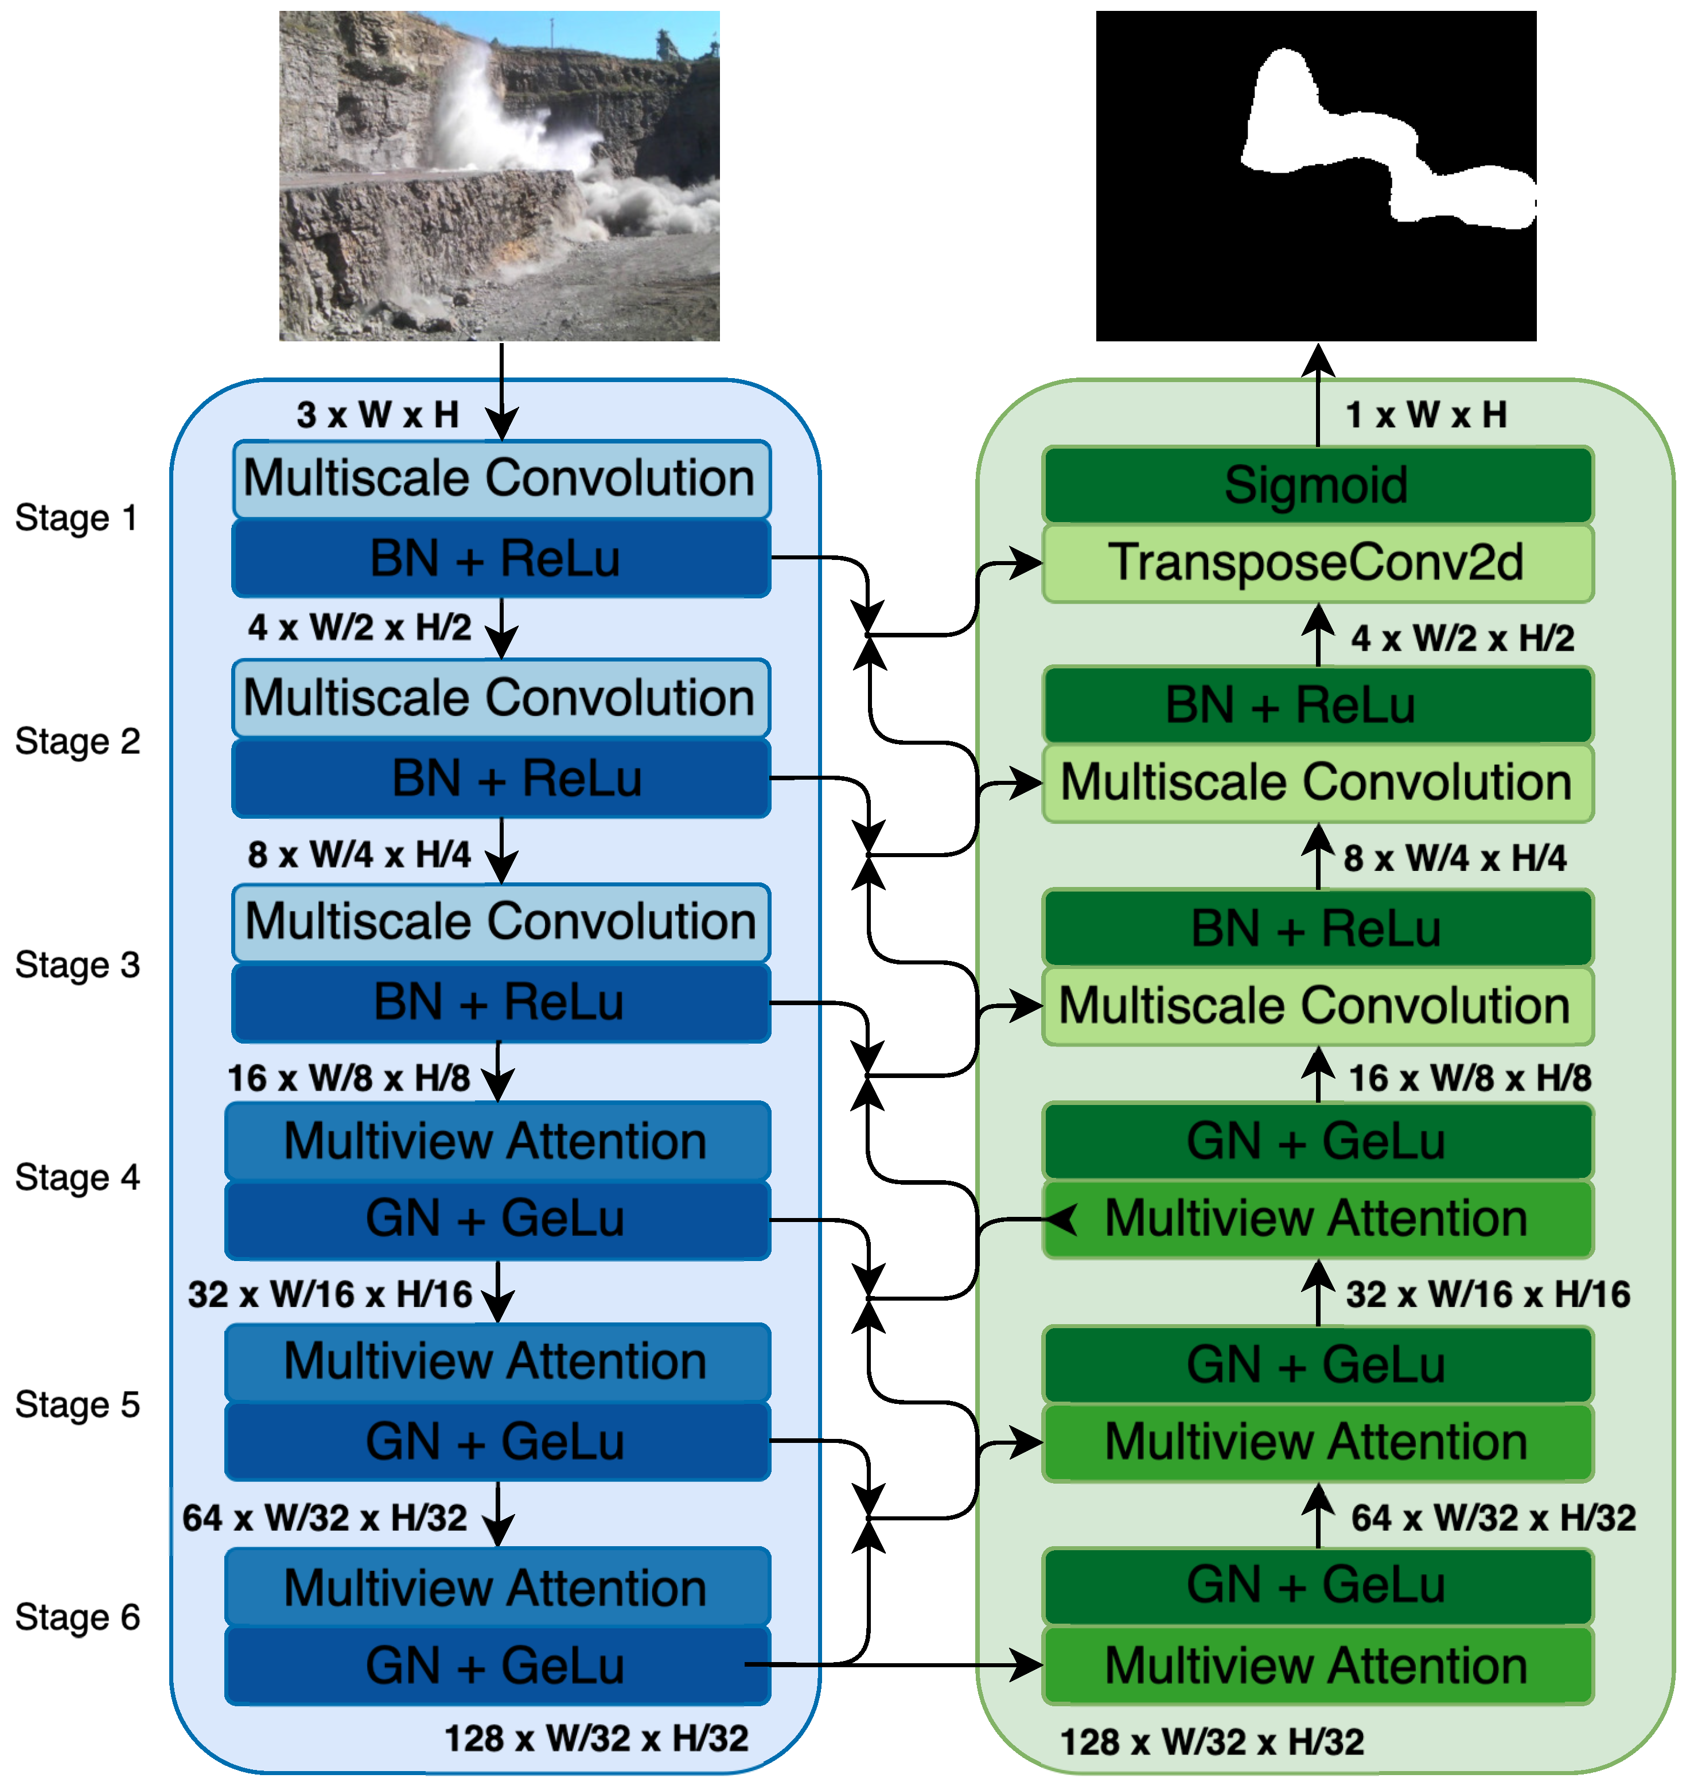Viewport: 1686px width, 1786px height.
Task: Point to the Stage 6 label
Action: (x=77, y=1618)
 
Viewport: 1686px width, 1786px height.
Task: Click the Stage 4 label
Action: (x=77, y=1177)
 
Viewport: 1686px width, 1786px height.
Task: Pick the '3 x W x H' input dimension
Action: (x=377, y=415)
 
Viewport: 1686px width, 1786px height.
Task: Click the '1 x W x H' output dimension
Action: (x=1426, y=415)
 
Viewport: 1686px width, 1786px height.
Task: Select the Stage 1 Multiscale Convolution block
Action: (x=501, y=478)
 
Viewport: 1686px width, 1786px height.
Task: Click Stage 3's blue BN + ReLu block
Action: (x=501, y=1003)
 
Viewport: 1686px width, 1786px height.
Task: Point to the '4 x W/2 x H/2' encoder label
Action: (x=360, y=628)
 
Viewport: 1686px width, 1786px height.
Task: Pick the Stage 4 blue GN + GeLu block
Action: (x=497, y=1220)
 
